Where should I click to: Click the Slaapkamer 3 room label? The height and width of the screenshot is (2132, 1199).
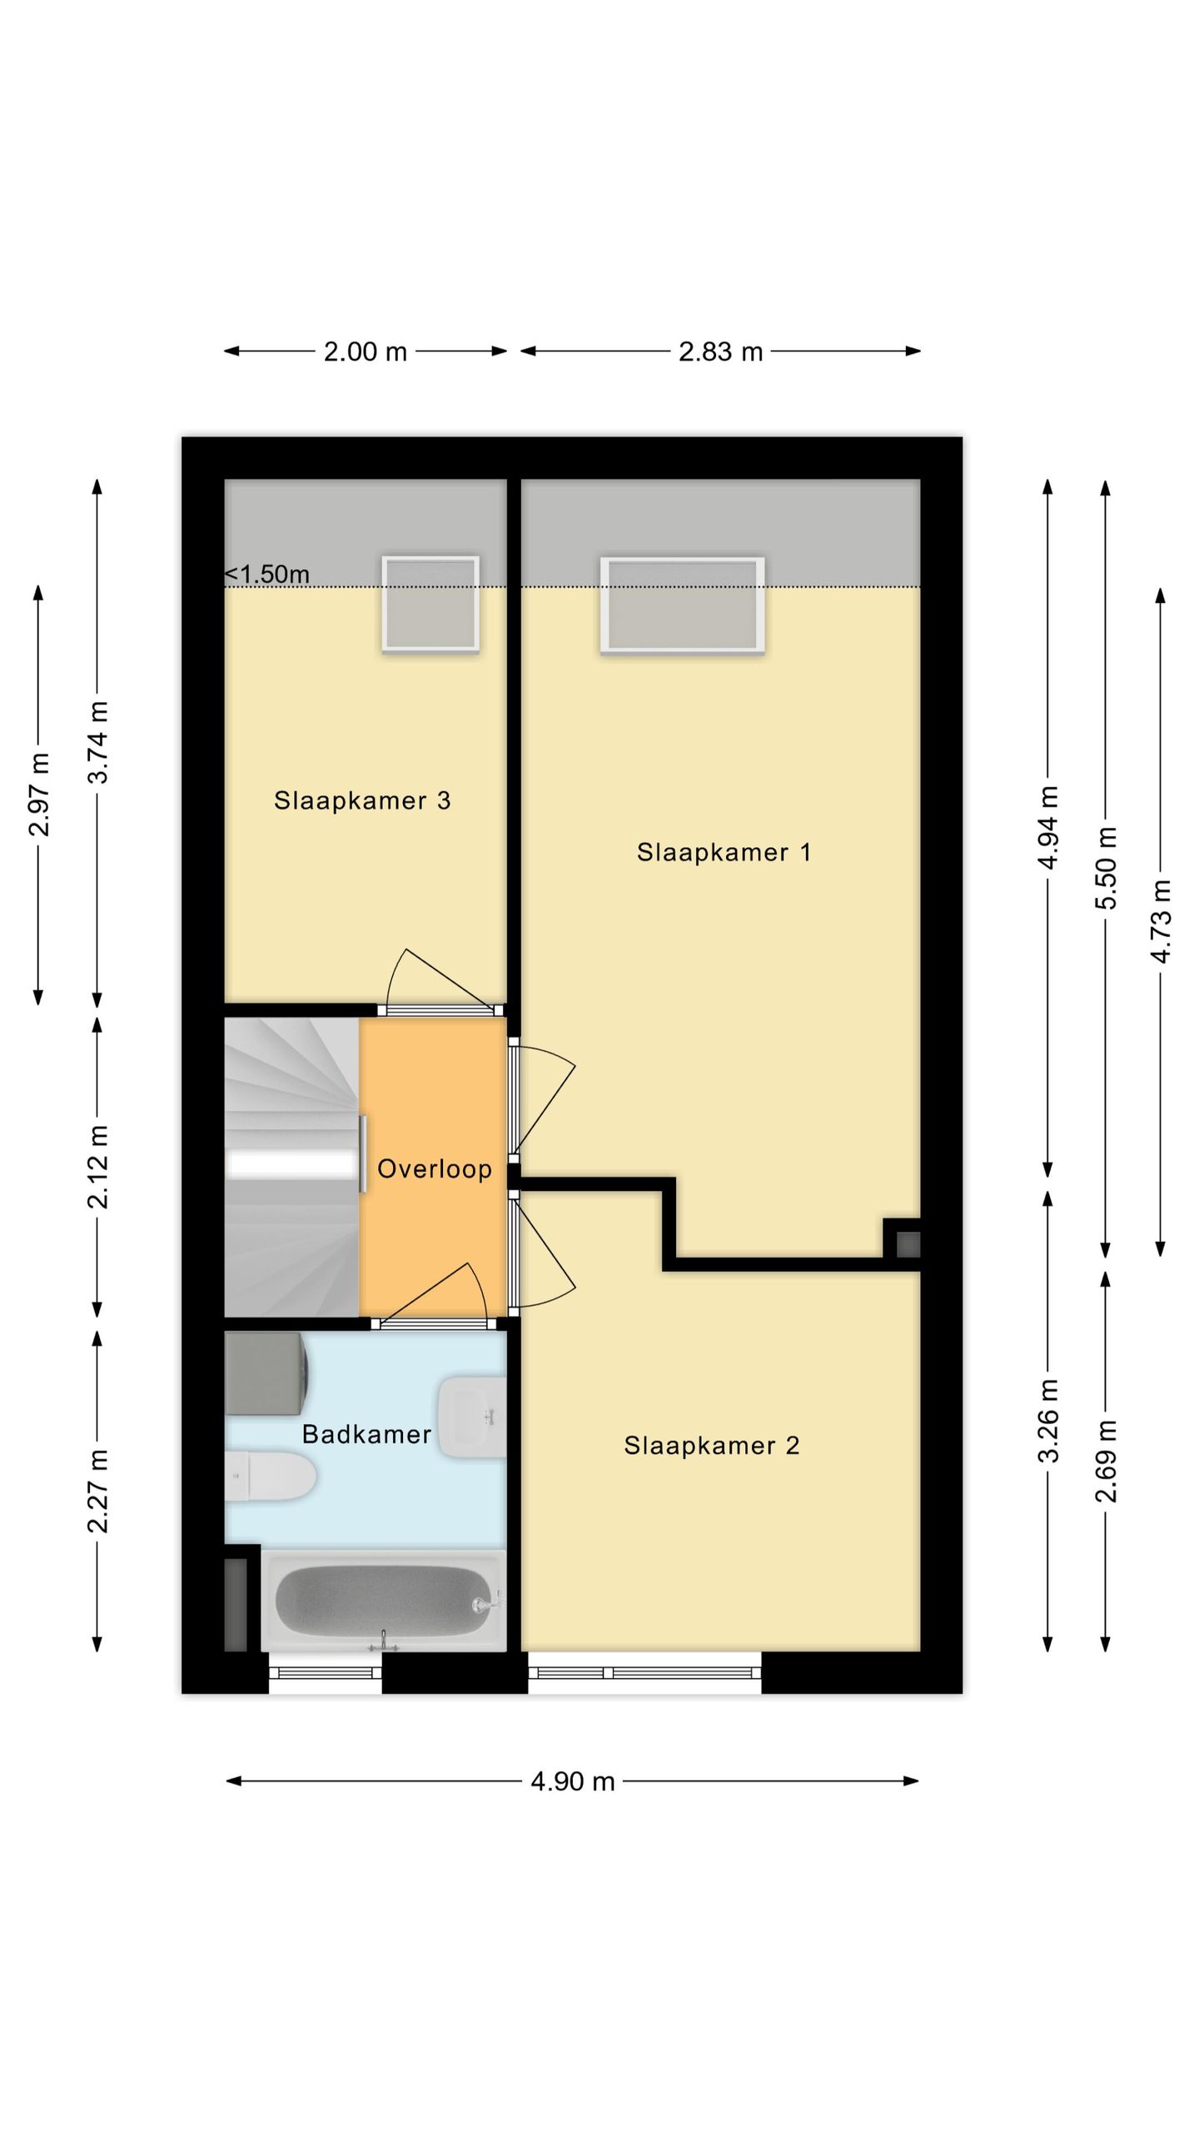point(362,801)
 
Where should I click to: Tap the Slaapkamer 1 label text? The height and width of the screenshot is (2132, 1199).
point(724,853)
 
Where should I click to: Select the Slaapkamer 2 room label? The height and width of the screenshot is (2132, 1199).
point(712,1446)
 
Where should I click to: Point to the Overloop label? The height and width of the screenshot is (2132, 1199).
point(435,1169)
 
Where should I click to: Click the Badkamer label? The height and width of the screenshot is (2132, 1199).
point(366,1434)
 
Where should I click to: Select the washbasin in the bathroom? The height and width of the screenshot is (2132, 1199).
point(472,1417)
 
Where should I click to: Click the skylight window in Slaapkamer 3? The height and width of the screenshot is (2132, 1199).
point(430,604)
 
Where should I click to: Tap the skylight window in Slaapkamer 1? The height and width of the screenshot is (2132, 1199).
point(683,605)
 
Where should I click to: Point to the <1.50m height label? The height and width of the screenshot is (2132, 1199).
point(267,574)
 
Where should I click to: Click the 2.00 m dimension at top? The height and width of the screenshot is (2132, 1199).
point(366,351)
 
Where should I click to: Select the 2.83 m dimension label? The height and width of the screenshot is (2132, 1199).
point(721,351)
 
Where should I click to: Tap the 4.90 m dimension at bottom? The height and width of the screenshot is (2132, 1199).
point(573,1781)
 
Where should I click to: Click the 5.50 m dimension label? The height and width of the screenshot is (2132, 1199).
point(1106,868)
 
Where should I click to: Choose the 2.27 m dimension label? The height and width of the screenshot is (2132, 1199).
point(98,1491)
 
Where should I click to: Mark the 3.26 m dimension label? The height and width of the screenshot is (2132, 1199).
point(1048,1420)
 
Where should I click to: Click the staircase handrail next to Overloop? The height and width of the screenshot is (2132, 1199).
point(363,1154)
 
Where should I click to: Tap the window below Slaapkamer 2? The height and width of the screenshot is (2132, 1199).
point(644,1672)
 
